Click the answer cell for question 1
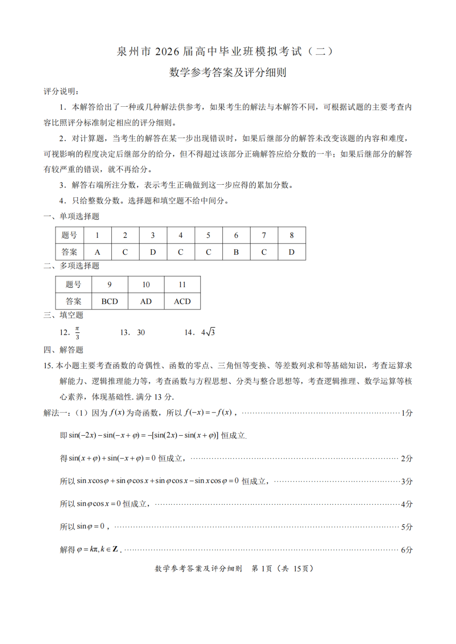[x=98, y=252]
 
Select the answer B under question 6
[x=236, y=252]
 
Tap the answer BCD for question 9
[x=110, y=302]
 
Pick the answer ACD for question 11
[x=182, y=302]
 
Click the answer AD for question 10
[x=146, y=302]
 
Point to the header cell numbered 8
[x=292, y=235]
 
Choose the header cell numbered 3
[x=153, y=235]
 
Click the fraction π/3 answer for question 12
[x=77, y=333]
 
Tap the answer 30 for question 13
[x=141, y=333]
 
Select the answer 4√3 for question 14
[x=208, y=332]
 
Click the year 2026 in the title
[x=167, y=51]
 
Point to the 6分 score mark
[x=407, y=550]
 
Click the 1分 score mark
[x=407, y=413]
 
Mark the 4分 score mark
[x=407, y=504]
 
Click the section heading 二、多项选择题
[x=71, y=266]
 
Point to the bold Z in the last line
[x=115, y=550]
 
